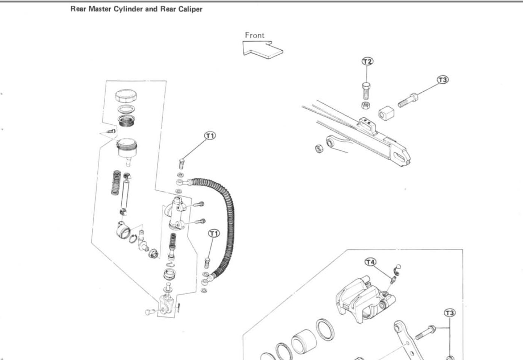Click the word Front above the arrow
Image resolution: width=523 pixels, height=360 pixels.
pos(254,35)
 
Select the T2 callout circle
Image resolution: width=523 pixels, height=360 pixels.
pos(367,61)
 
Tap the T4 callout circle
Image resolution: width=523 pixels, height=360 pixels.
pos(370,262)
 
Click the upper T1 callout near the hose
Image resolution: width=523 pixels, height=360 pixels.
pos(210,135)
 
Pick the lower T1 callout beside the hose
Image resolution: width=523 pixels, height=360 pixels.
pos(214,234)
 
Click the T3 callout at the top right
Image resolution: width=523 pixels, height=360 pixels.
pos(443,80)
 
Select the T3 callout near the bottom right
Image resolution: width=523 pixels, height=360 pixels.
pos(449,313)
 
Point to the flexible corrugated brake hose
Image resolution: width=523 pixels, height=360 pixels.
pos(227,225)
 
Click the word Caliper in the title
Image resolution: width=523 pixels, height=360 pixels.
pos(190,9)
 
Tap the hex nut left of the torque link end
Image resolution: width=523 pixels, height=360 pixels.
pos(319,149)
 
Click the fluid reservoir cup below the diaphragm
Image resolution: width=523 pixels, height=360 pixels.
pos(127,148)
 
